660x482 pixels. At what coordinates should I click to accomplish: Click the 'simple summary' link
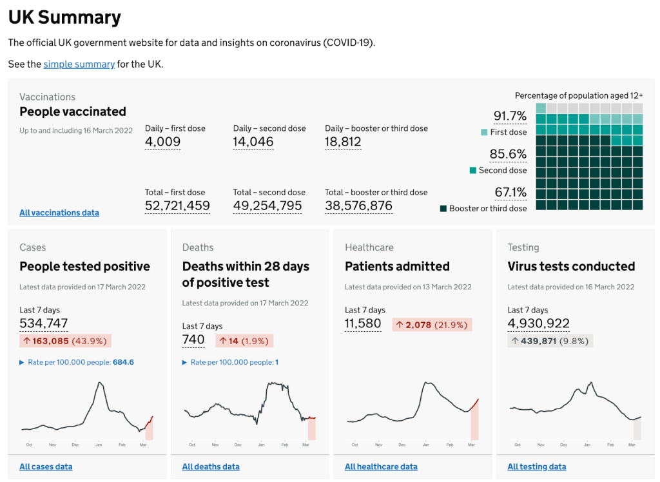pos(79,64)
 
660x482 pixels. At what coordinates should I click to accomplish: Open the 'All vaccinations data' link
pos(59,213)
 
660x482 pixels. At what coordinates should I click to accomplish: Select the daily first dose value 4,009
pos(162,142)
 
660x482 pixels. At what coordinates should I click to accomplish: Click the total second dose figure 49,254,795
pos(267,206)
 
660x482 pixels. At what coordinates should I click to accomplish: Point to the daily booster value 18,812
pos(343,142)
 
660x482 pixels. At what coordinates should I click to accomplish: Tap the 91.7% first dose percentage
pos(510,116)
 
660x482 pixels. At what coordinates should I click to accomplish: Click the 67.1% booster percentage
pos(510,192)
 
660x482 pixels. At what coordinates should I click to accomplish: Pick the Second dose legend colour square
pos(473,170)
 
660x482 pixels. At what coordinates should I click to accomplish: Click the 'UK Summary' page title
pos(64,17)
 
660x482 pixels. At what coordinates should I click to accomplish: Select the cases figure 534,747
pos(43,323)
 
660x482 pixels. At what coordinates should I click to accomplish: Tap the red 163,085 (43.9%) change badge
pos(65,341)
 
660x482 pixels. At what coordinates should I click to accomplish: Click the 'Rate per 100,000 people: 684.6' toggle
pos(77,363)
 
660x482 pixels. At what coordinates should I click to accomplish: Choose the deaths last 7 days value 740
pos(193,340)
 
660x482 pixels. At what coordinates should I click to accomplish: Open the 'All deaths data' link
pos(211,467)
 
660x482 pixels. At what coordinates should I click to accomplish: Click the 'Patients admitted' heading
pos(397,266)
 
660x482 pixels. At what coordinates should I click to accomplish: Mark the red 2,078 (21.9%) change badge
pos(432,325)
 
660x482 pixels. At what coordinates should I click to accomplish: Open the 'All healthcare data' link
pos(381,467)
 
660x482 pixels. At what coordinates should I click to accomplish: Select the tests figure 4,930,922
pos(538,323)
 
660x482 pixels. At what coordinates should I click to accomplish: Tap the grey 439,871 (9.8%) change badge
pos(550,341)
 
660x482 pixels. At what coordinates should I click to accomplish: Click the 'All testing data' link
pos(537,467)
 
